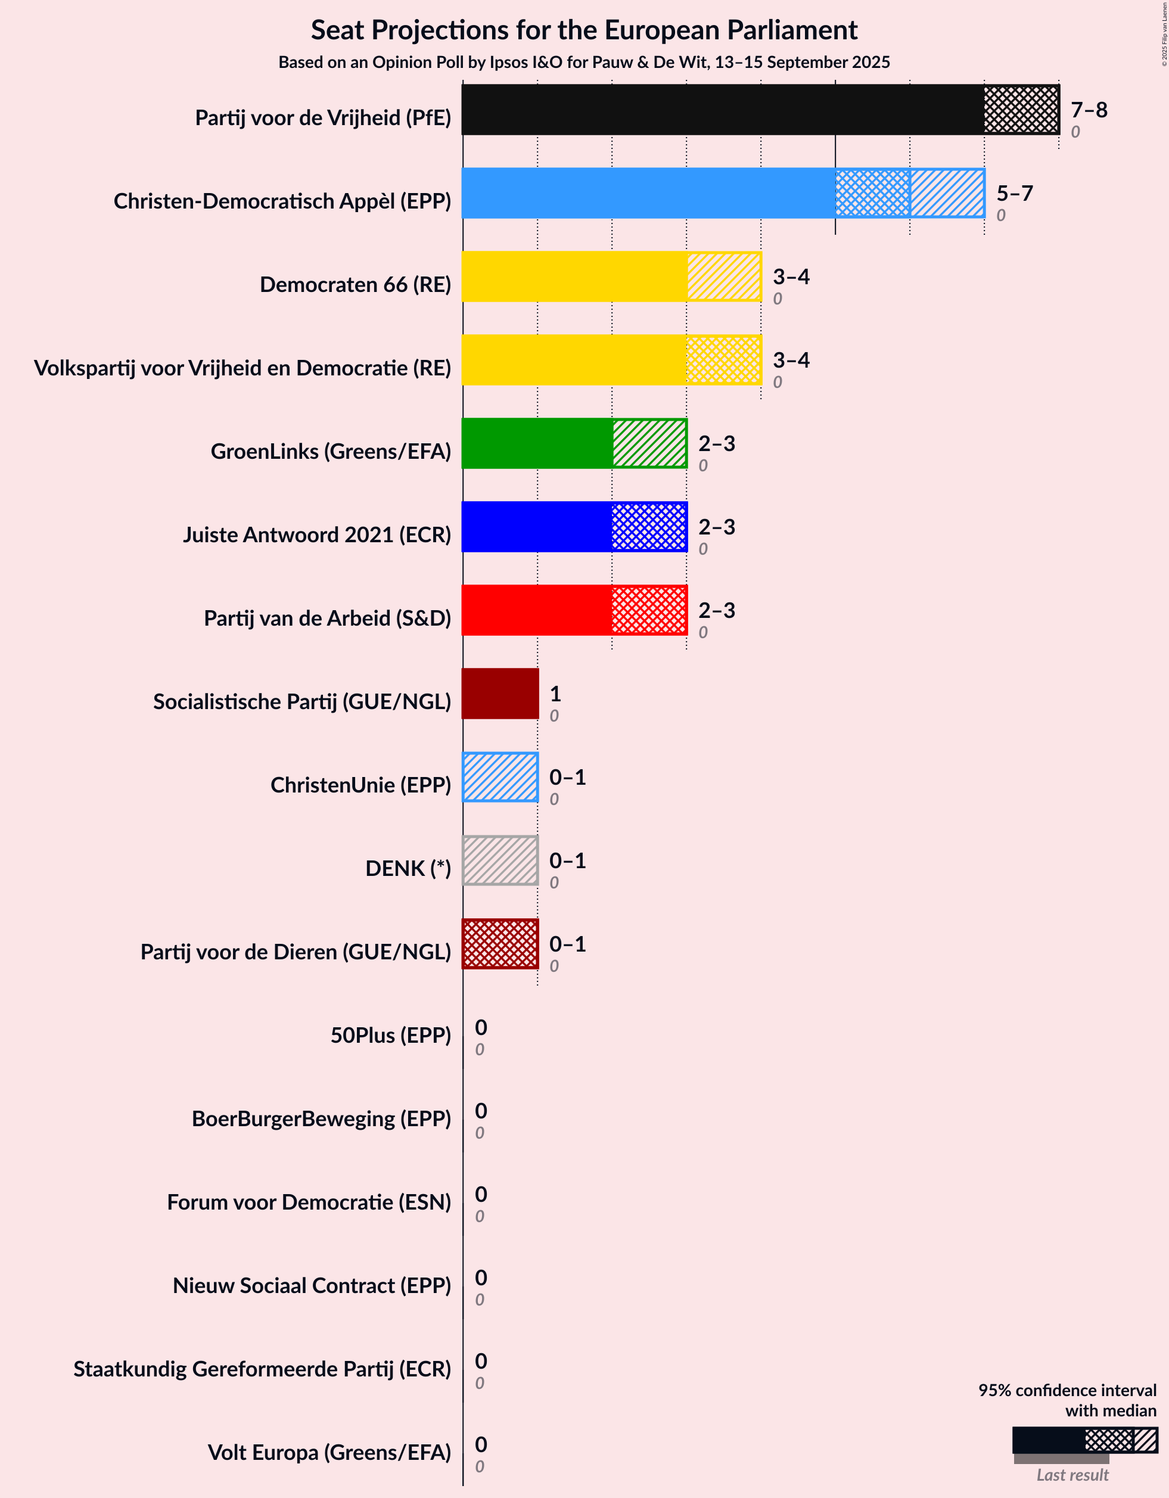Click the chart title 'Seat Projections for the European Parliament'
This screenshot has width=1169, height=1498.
pyautogui.click(x=584, y=30)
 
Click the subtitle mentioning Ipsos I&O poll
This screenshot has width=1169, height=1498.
pyautogui.click(x=584, y=63)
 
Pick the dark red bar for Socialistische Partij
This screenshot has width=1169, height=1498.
pyautogui.click(x=499, y=694)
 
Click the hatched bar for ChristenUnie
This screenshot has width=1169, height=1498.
pyautogui.click(x=499, y=777)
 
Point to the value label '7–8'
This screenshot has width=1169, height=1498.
pyautogui.click(x=1089, y=110)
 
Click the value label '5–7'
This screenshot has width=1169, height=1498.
pyautogui.click(x=1015, y=194)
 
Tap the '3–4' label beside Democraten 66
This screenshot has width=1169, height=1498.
pyautogui.click(x=791, y=276)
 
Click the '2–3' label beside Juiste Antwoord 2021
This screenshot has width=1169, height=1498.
pyautogui.click(x=716, y=527)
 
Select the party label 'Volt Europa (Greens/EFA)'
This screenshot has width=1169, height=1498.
pyautogui.click(x=329, y=1452)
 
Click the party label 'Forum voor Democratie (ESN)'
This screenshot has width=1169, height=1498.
pyautogui.click(x=309, y=1202)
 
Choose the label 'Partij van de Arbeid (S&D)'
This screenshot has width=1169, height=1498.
pyautogui.click(x=327, y=618)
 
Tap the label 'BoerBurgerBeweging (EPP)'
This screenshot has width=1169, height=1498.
pyautogui.click(x=321, y=1118)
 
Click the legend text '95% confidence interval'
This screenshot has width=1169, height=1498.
pyautogui.click(x=1067, y=1390)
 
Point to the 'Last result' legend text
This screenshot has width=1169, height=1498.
pyautogui.click(x=1072, y=1475)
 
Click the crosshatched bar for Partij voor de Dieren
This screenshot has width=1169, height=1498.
pyautogui.click(x=499, y=944)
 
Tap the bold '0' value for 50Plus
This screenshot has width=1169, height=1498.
pyautogui.click(x=481, y=1027)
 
